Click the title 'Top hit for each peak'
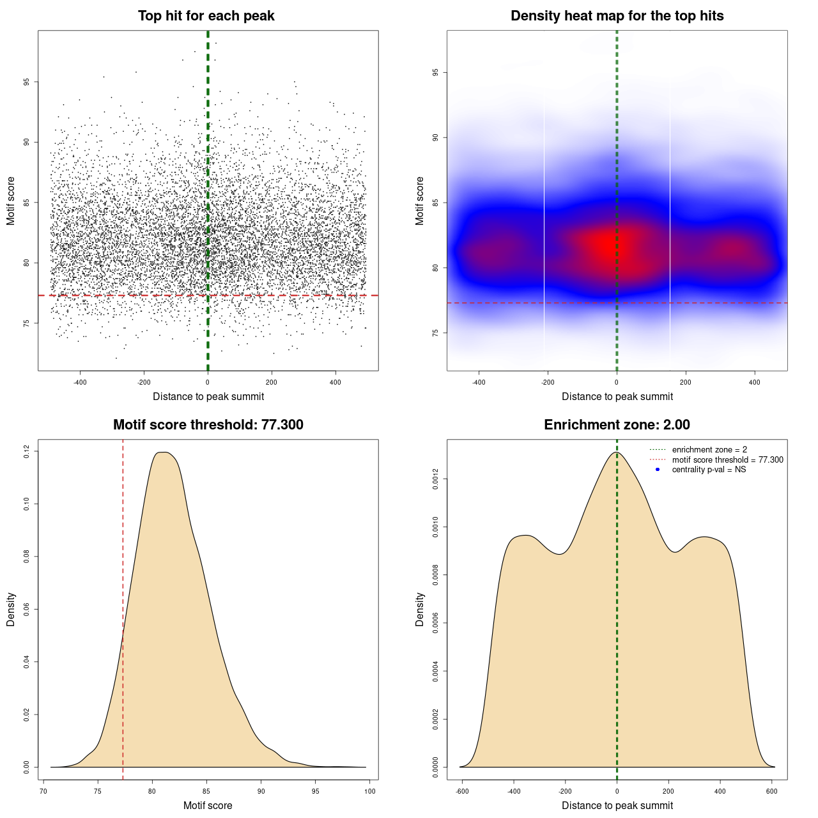click(x=206, y=16)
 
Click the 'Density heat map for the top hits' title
click(x=617, y=16)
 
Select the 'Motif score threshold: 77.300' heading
click(x=208, y=425)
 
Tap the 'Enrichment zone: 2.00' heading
click(x=617, y=425)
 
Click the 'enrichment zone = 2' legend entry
click(x=709, y=450)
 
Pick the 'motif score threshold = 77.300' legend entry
click(x=727, y=459)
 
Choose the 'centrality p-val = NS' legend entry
click(x=709, y=470)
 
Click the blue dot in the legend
click(x=658, y=470)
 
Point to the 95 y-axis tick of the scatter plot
click(x=27, y=82)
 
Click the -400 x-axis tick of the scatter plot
click(x=80, y=382)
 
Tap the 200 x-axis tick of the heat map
click(x=686, y=382)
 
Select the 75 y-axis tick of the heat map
click(x=436, y=333)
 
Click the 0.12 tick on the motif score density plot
click(x=27, y=452)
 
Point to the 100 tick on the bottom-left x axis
click(x=370, y=791)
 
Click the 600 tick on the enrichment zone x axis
click(x=772, y=791)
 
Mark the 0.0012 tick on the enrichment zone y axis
click(x=436, y=479)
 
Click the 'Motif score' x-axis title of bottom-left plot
click(x=208, y=805)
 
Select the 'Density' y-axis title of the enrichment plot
click(x=420, y=609)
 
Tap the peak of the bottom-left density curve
click(x=164, y=452)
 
